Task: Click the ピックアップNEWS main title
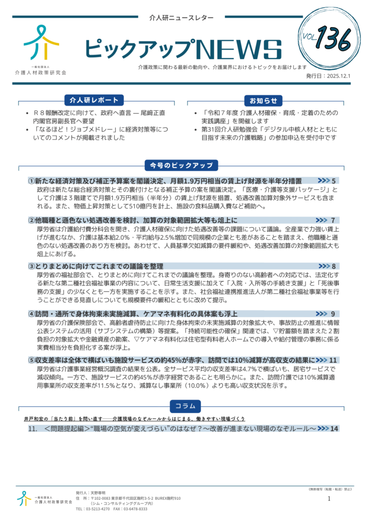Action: click(182, 49)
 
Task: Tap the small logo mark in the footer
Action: click(24, 498)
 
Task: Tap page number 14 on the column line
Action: click(334, 429)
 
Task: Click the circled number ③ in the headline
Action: click(31, 266)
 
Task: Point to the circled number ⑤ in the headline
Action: click(31, 360)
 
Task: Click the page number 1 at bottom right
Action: click(329, 499)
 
